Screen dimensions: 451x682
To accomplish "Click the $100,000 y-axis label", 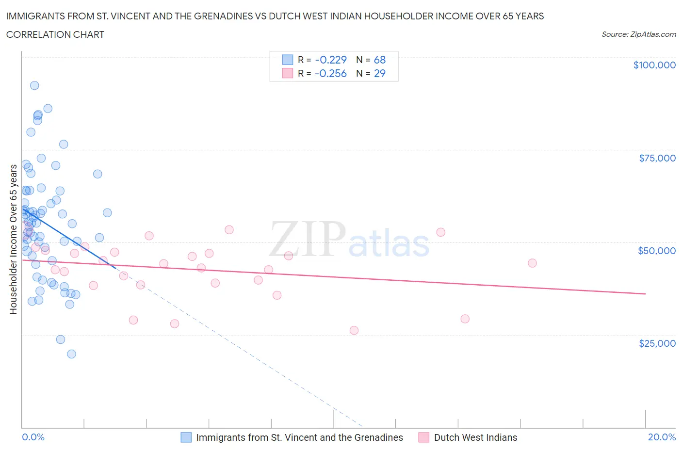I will [654, 65].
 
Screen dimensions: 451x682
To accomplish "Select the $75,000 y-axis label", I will [657, 158].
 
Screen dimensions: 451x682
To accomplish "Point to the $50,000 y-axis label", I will [657, 251].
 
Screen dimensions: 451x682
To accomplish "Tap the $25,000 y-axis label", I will [657, 343].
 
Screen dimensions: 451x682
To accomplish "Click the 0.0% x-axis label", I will [33, 437].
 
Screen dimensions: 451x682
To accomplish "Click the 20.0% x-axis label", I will [662, 437].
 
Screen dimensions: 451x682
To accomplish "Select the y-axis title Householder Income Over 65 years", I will [13, 239].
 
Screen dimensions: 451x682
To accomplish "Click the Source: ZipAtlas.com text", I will [638, 34].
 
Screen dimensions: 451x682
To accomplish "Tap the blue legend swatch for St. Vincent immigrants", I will [186, 437].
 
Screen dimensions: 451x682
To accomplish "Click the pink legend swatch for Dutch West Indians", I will [424, 437].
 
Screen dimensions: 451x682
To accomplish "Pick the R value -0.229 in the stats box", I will [331, 60].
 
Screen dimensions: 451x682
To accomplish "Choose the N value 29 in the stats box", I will [379, 73].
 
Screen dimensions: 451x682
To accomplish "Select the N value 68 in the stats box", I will [379, 60].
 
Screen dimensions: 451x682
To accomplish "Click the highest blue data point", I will [34, 85].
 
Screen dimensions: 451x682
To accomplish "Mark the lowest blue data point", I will [71, 354].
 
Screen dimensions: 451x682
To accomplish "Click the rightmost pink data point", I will [532, 263].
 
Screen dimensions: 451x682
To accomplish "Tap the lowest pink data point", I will [354, 330].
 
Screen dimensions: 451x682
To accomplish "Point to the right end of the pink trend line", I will [645, 294].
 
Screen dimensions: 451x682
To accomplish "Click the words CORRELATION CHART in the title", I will [55, 34].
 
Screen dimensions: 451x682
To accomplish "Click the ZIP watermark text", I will [307, 239].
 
